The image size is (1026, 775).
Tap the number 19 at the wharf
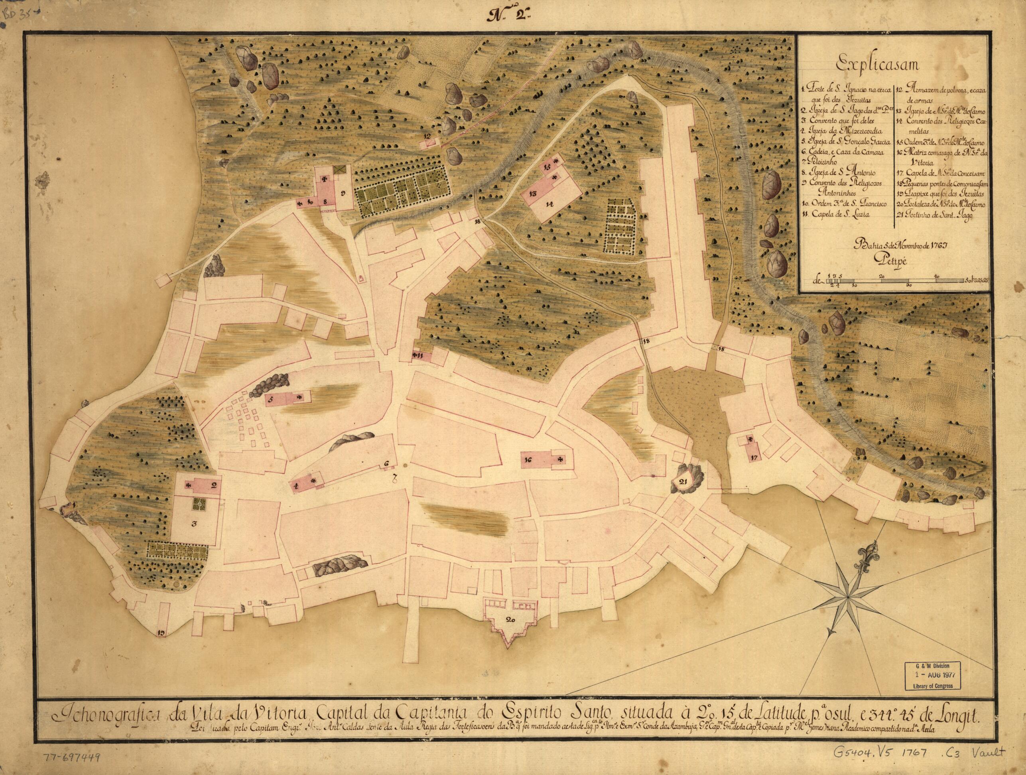162,632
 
